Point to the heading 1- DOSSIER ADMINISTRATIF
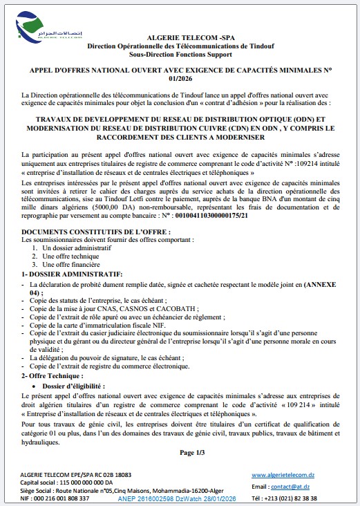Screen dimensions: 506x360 [72, 274]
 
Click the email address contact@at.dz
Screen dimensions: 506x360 [290, 486]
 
